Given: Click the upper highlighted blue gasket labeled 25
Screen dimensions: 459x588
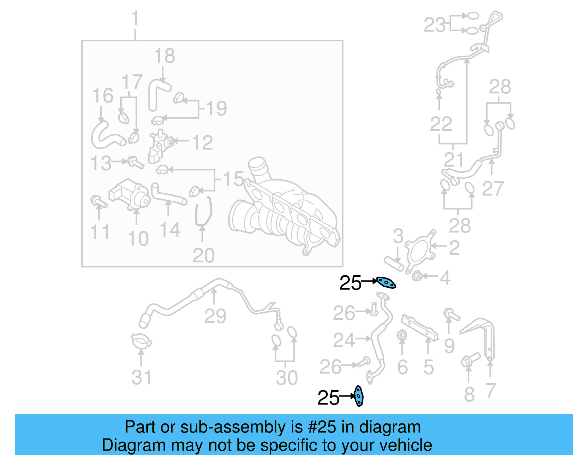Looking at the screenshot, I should point(386,283).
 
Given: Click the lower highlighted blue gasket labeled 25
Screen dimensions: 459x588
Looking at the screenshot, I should point(359,396).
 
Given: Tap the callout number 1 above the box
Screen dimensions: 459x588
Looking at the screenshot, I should point(135,18).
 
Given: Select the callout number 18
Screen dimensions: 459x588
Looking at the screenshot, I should point(164,56).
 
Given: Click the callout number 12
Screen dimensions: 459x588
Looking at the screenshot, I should point(202,143).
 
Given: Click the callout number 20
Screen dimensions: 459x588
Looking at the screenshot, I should point(203,255).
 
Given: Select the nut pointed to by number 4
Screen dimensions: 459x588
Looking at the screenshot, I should point(416,276).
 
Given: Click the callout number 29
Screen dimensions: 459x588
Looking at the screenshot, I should point(215,316).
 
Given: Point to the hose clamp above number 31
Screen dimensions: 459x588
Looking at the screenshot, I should point(141,341).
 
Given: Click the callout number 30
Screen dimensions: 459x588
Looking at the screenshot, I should point(287,378).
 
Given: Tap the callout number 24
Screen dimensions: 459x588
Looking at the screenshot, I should point(344,340).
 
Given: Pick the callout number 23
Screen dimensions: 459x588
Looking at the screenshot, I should point(434,25).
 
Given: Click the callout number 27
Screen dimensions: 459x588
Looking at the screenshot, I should point(492,189).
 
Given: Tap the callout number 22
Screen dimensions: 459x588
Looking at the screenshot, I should point(441,124).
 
